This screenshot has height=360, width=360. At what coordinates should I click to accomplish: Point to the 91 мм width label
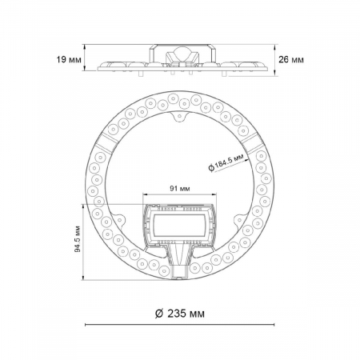point(180,189)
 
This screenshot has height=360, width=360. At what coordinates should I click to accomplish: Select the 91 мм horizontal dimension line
point(180,197)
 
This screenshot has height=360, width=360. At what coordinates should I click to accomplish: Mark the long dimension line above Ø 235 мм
point(180,326)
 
